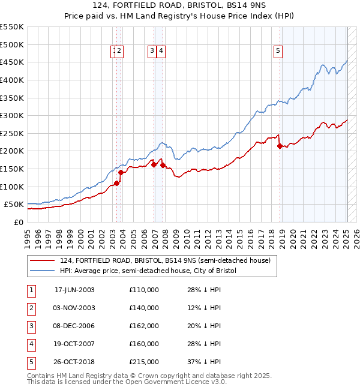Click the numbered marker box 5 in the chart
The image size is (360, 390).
coord(278,52)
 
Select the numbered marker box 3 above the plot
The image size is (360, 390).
coord(152,52)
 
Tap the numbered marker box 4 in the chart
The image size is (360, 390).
coord(162,52)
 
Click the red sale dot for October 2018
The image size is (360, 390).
coord(280,146)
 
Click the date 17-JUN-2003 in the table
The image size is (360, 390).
coord(74,290)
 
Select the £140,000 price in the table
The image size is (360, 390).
coord(143,308)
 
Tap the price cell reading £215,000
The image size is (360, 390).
coord(143,362)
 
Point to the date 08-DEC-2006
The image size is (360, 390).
coord(74,326)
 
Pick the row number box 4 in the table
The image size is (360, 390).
coord(31,344)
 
